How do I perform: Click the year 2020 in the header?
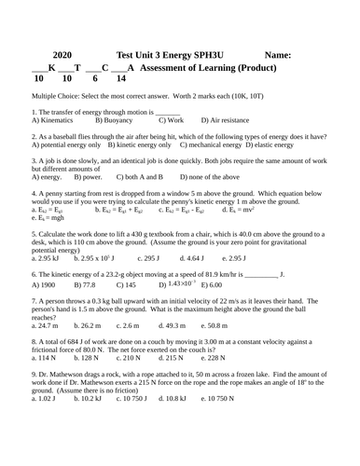pyautogui.click(x=57, y=55)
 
